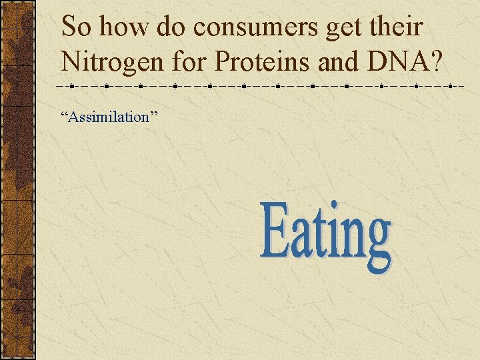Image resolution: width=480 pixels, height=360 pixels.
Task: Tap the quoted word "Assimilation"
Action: (109, 117)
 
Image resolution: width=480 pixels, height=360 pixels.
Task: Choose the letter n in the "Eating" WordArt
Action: (354, 239)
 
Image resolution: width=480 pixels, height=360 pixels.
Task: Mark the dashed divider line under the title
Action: (260, 87)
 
